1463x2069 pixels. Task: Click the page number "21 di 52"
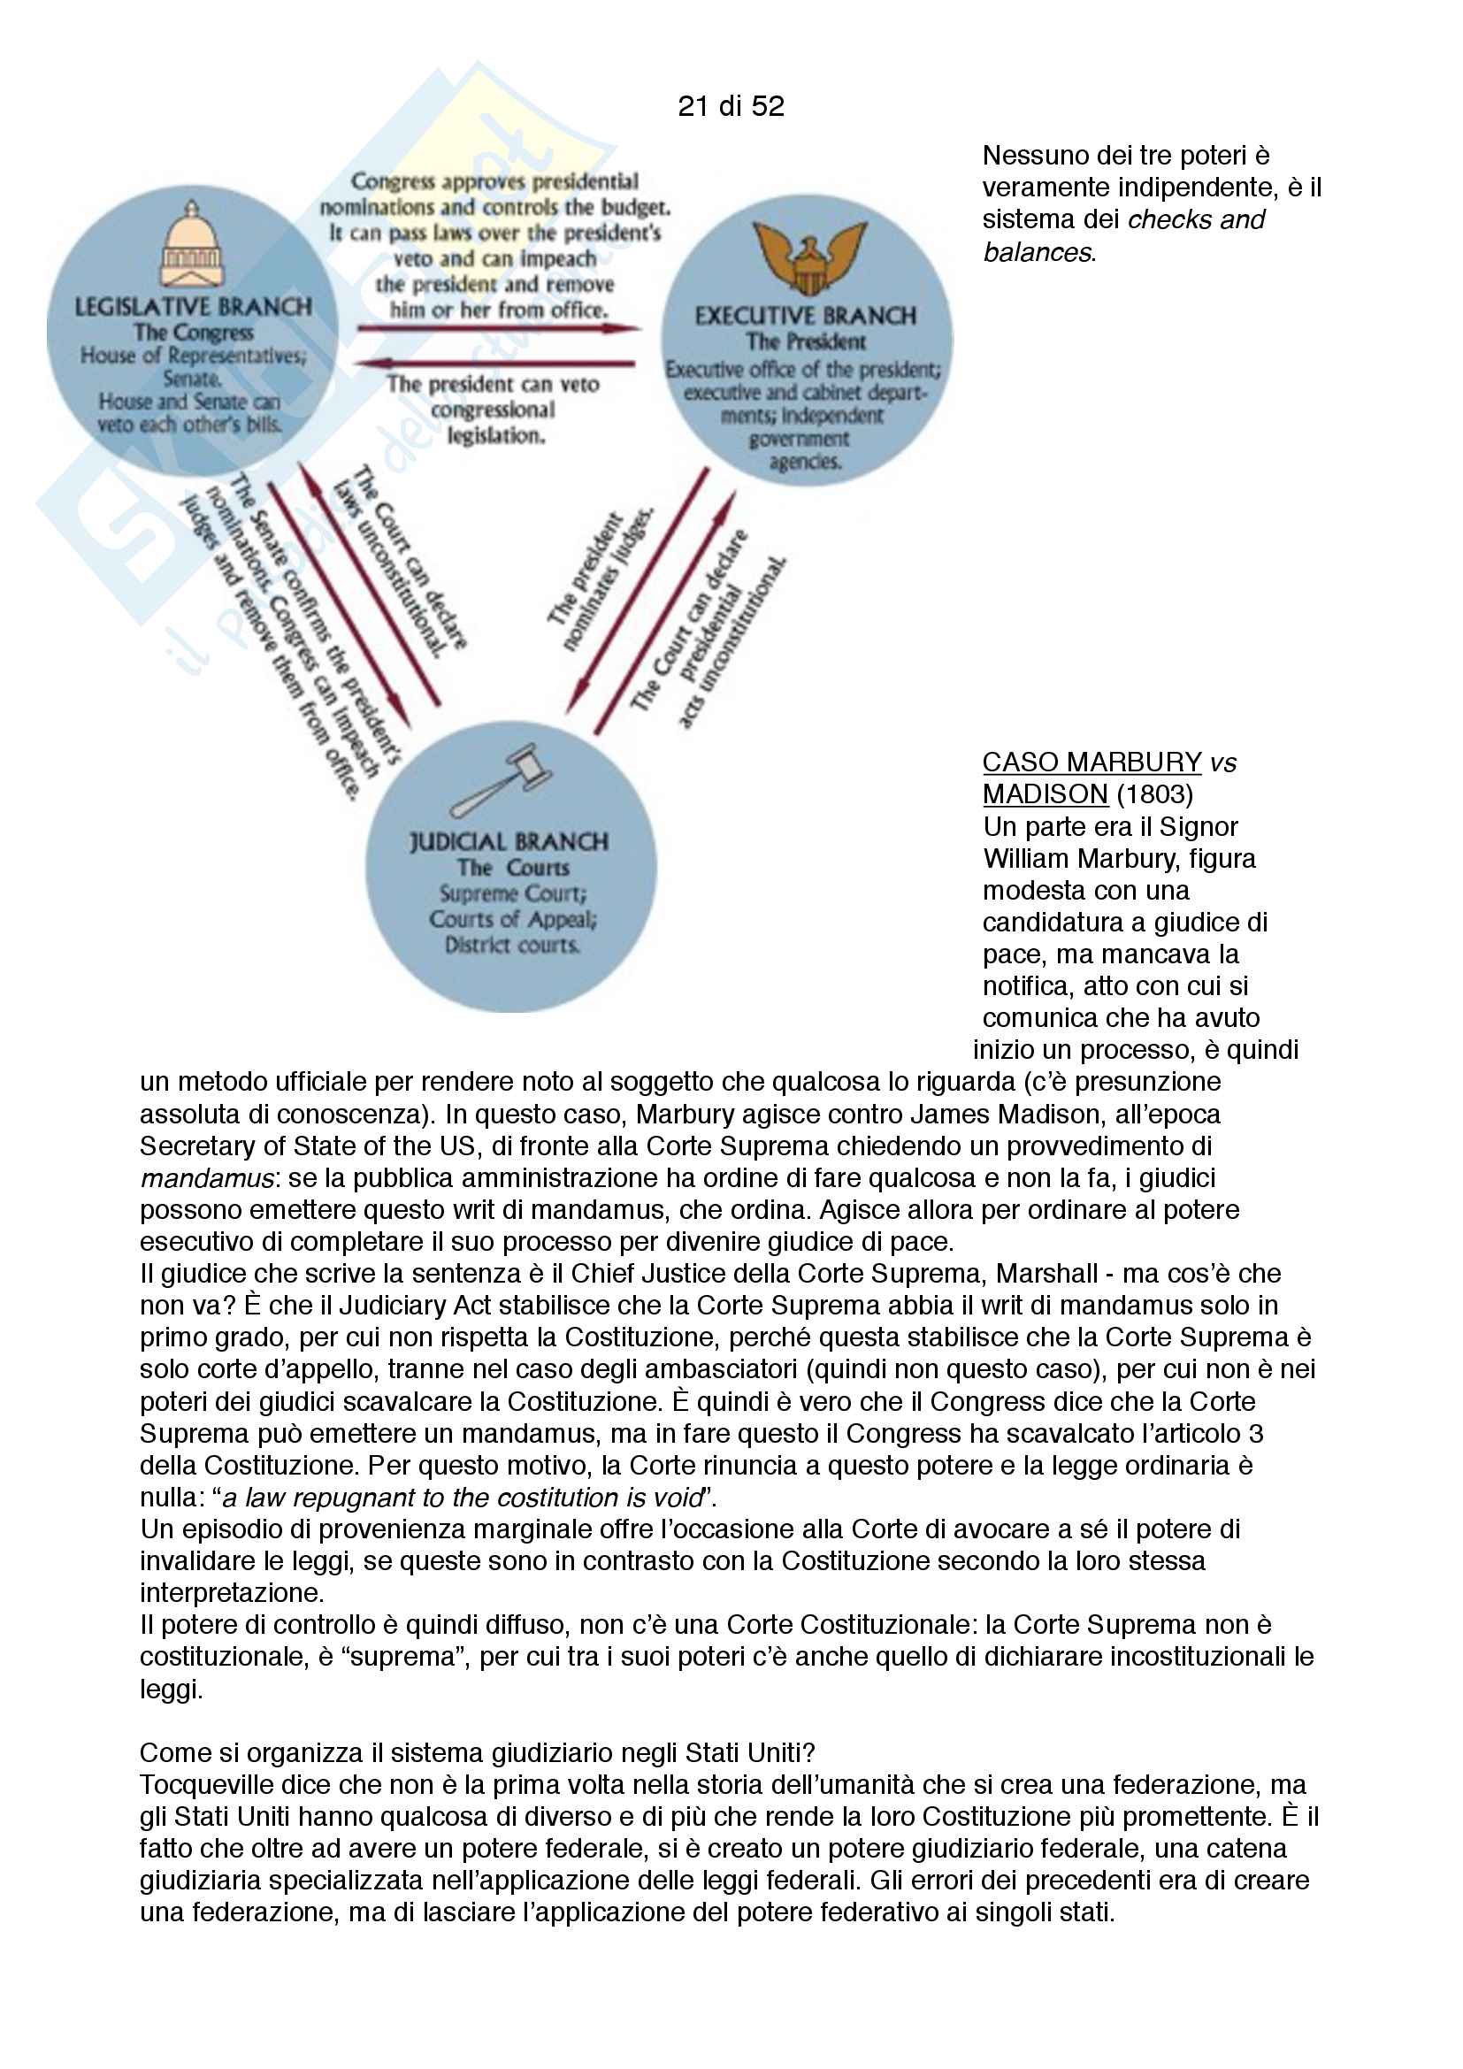tap(731, 106)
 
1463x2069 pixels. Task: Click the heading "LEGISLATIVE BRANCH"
tap(193, 306)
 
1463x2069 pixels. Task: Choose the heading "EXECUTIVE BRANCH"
tap(806, 316)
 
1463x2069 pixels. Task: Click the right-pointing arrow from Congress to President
tap(498, 329)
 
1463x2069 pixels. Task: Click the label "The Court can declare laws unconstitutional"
tap(401, 561)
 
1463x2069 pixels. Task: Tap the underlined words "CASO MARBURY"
tap(1091, 762)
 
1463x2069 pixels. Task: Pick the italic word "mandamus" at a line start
tap(206, 1177)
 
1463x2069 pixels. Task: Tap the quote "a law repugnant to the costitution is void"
tap(461, 1497)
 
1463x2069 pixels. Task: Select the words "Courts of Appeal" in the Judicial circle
tap(511, 919)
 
